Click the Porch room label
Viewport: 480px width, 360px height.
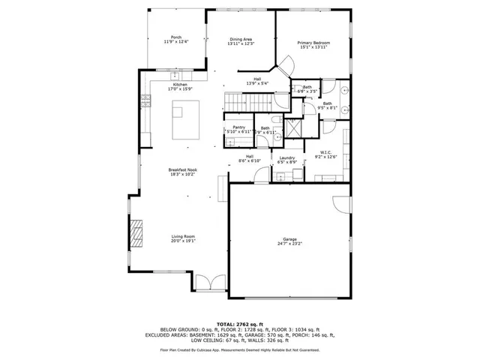click(176, 37)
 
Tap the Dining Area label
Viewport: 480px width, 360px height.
click(241, 40)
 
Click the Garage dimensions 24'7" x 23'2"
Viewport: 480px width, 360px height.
click(289, 244)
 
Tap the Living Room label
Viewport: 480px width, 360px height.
click(183, 236)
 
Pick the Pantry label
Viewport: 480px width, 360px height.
click(239, 127)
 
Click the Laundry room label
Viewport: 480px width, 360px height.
click(286, 157)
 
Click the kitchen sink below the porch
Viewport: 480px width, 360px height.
click(176, 75)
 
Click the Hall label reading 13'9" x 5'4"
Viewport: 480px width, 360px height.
click(256, 81)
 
